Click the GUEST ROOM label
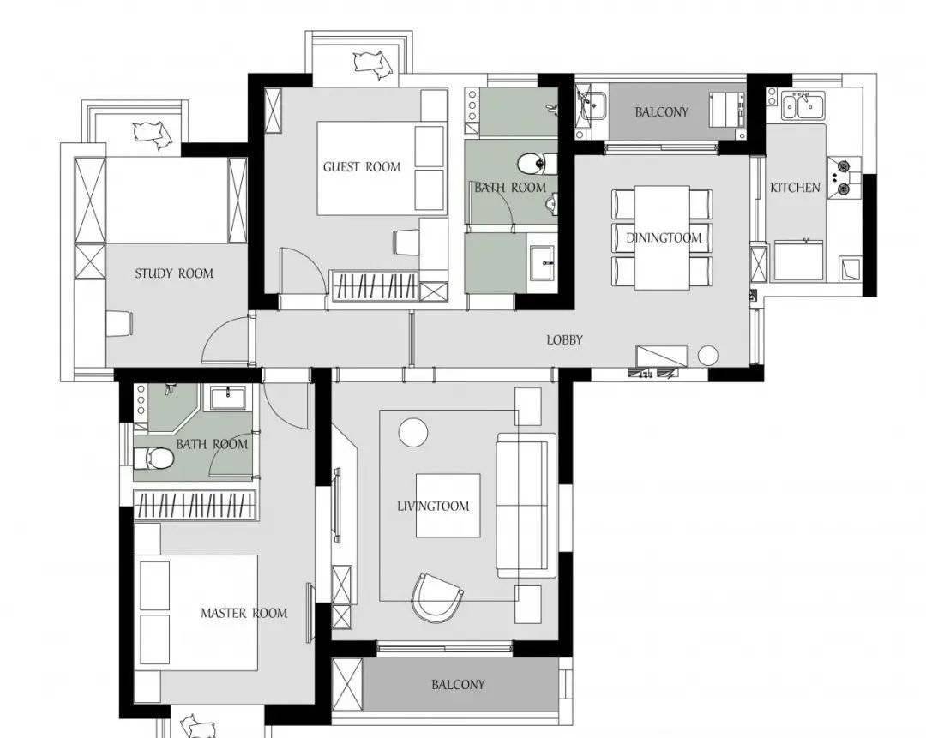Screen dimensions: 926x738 tap(362, 167)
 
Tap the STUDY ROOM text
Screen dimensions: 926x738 tap(174, 273)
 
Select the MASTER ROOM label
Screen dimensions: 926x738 tap(244, 613)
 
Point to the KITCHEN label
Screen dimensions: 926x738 tap(795, 188)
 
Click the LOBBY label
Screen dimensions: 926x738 tap(564, 339)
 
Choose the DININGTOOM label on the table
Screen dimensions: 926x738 tap(664, 238)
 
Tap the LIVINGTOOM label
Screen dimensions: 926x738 tap(434, 506)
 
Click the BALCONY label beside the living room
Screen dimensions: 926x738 tap(458, 685)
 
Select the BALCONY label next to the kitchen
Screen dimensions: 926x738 tap(661, 111)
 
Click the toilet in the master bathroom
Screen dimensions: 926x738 tap(153, 458)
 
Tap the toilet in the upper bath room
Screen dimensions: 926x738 tap(537, 164)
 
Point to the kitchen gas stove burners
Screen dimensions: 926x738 tap(844, 178)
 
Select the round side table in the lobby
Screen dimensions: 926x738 tap(707, 356)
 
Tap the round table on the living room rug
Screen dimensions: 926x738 tap(412, 433)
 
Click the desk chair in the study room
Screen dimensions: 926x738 tap(119, 323)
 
